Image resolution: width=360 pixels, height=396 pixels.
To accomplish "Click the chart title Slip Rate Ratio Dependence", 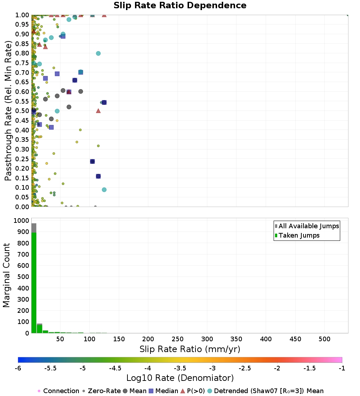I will (x=180, y=6).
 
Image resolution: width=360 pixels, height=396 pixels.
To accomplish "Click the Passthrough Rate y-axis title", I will (x=9, y=111).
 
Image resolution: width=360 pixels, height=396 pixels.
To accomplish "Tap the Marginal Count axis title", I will (x=6, y=275).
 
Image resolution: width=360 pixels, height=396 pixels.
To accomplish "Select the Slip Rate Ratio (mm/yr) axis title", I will (x=190, y=349).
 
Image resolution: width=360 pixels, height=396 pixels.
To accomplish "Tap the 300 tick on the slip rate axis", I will (x=207, y=339).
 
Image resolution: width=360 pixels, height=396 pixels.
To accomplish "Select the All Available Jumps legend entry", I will (x=309, y=226).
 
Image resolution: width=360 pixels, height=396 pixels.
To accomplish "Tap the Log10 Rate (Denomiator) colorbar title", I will (x=180, y=378).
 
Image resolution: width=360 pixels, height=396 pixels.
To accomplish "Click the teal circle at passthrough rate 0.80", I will (x=98, y=53).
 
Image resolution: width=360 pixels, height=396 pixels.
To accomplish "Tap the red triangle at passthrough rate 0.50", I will (x=98, y=111).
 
